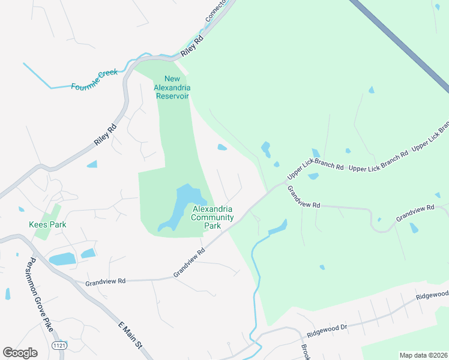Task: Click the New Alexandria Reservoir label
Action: click(172, 88)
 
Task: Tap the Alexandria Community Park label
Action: click(212, 217)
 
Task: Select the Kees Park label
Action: click(47, 225)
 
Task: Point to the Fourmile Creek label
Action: click(94, 80)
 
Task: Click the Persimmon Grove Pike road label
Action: click(40, 293)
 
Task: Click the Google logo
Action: click(20, 353)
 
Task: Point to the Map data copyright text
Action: click(423, 355)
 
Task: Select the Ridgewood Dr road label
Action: click(327, 329)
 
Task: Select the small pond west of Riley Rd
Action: click(92, 164)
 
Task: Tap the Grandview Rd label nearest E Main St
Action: click(105, 281)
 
